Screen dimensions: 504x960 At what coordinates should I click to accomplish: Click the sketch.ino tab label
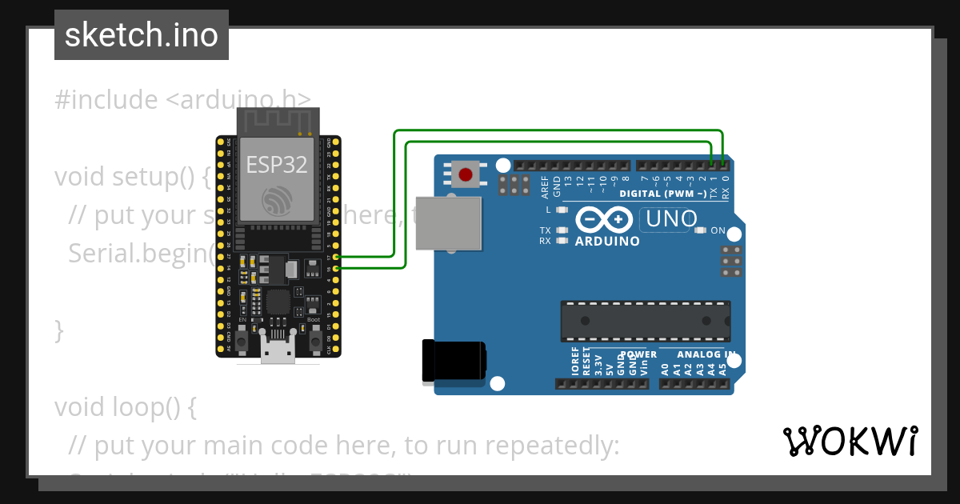tap(141, 35)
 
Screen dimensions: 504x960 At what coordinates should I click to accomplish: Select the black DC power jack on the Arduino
tap(453, 360)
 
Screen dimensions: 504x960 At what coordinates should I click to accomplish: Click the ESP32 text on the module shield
tap(276, 165)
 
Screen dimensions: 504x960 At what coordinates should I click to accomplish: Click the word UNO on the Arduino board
tap(670, 218)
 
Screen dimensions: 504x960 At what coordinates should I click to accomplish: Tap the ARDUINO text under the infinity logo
tap(607, 241)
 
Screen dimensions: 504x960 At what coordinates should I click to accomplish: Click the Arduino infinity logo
tap(606, 219)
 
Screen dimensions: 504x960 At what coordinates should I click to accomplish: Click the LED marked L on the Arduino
tap(561, 210)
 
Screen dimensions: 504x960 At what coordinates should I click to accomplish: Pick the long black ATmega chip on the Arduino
tap(646, 320)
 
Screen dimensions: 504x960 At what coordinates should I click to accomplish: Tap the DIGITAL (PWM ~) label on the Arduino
tap(663, 194)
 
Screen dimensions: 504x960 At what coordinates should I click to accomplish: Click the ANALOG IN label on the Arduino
tap(706, 354)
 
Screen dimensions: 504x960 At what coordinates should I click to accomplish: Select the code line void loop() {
tap(125, 407)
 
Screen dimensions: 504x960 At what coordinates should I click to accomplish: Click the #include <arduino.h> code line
tap(182, 100)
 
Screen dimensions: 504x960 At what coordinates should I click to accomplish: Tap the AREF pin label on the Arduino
tap(546, 186)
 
